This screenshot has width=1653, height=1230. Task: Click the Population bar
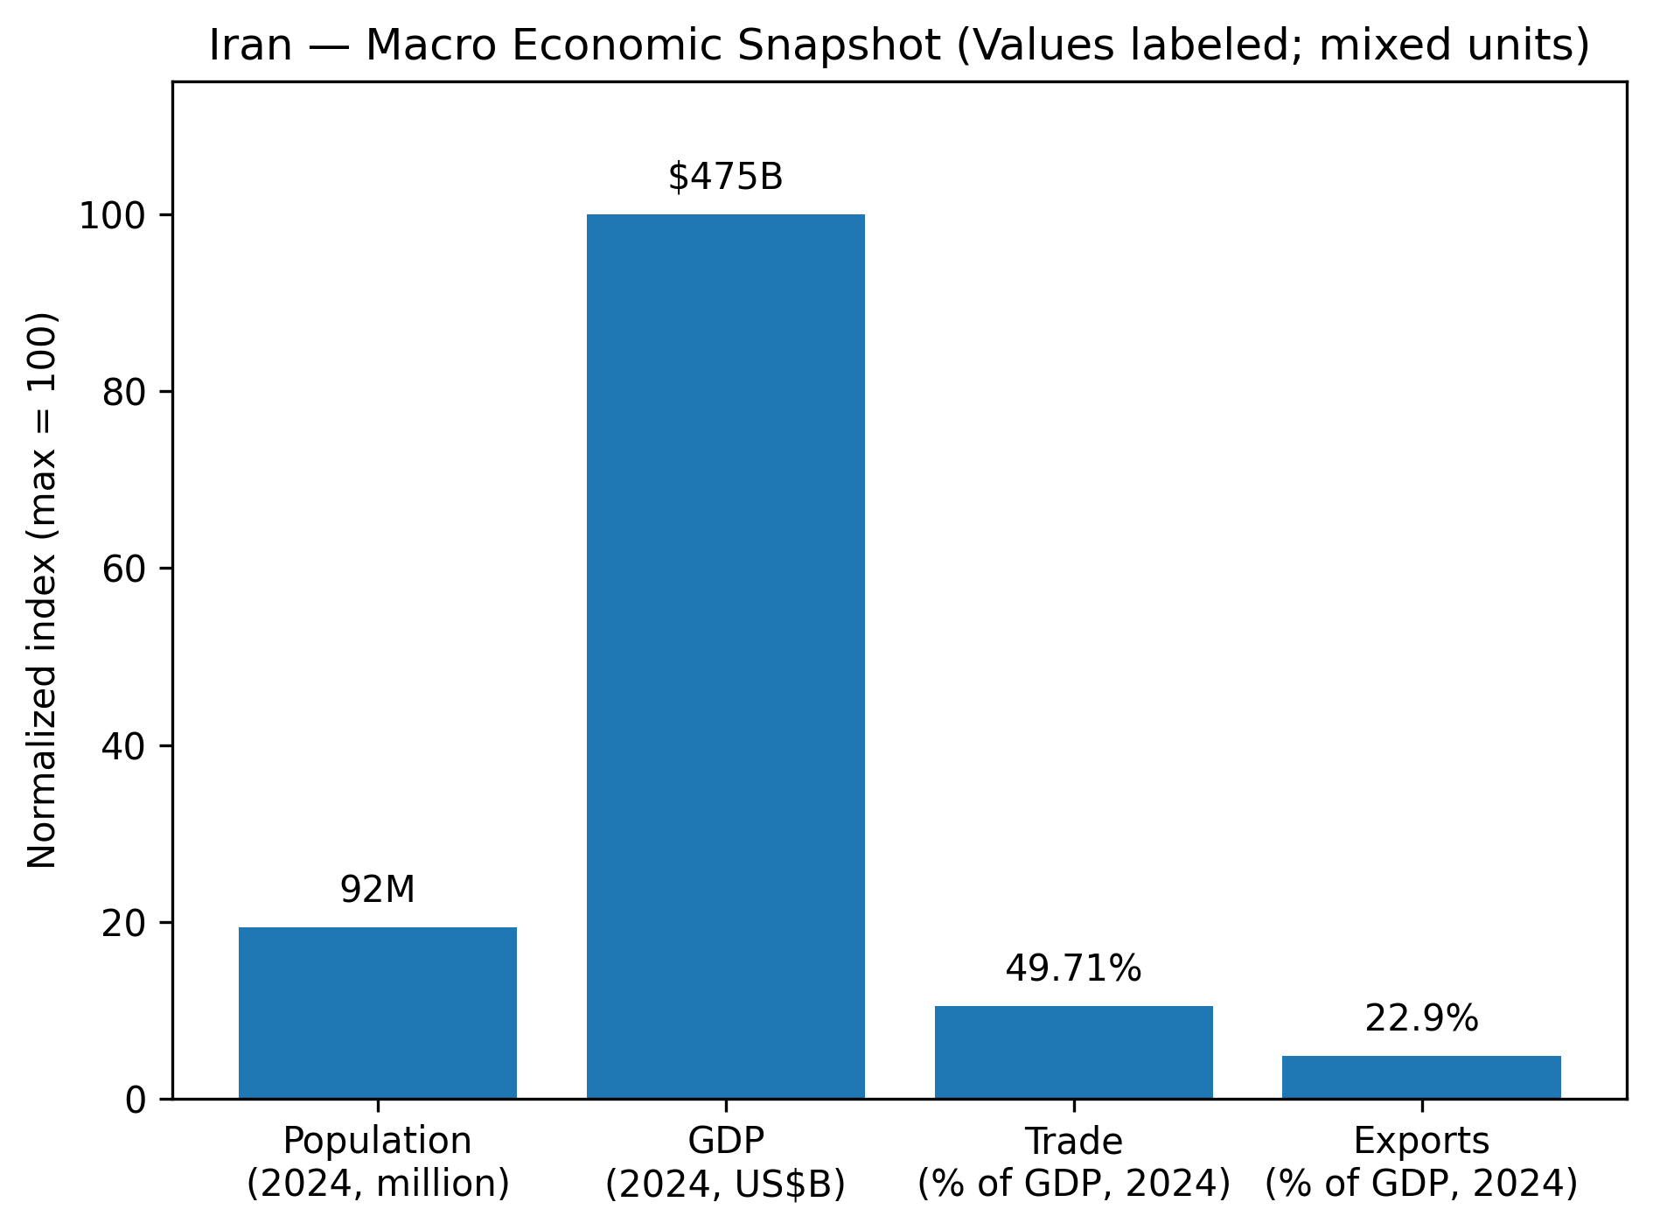pyautogui.click(x=377, y=1012)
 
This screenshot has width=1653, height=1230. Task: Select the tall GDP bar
pyautogui.click(x=725, y=656)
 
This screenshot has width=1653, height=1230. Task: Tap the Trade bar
pyautogui.click(x=1073, y=1052)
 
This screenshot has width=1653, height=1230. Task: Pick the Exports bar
pyautogui.click(x=1421, y=1077)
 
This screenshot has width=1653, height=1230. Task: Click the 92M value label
pyautogui.click(x=377, y=890)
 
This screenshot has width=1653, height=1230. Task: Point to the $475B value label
pyautogui.click(x=725, y=178)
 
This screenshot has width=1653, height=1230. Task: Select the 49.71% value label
pyautogui.click(x=1073, y=968)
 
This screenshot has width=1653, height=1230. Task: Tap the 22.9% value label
pyautogui.click(x=1421, y=1018)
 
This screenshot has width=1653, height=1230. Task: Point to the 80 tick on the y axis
pyautogui.click(x=123, y=392)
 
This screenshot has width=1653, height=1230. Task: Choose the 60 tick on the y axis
pyautogui.click(x=123, y=569)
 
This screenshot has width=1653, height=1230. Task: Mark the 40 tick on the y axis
pyautogui.click(x=123, y=745)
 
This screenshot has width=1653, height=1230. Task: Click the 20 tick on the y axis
pyautogui.click(x=123, y=922)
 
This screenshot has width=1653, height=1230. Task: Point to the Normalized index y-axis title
pyautogui.click(x=42, y=591)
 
